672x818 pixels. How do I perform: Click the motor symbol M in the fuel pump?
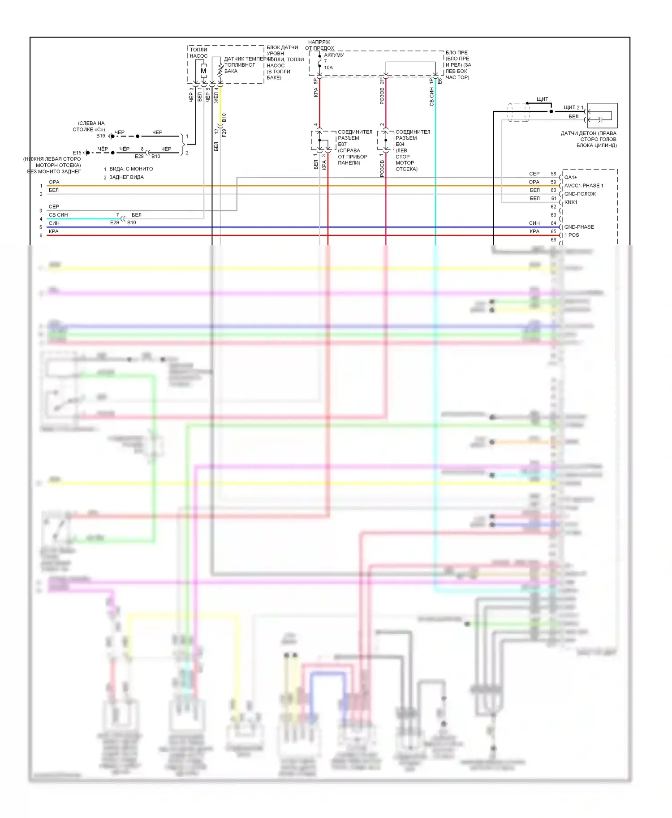pyautogui.click(x=203, y=71)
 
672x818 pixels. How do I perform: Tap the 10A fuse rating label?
pyautogui.click(x=328, y=68)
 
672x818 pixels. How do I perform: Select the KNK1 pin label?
pyautogui.click(x=571, y=202)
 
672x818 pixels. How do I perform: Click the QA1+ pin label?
pyautogui.click(x=571, y=177)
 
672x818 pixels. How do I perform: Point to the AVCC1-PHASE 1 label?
pyautogui.click(x=584, y=186)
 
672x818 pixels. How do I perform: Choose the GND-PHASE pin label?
pyautogui.click(x=579, y=227)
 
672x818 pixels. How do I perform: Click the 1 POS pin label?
pyautogui.click(x=572, y=235)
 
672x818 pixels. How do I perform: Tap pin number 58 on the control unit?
pyautogui.click(x=553, y=174)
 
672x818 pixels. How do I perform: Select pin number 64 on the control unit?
pyautogui.click(x=553, y=223)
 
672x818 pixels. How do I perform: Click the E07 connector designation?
pyautogui.click(x=342, y=144)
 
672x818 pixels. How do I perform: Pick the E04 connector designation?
pyautogui.click(x=400, y=144)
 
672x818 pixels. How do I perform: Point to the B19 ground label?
pyautogui.click(x=100, y=136)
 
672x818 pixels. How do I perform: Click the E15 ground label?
pyautogui.click(x=77, y=153)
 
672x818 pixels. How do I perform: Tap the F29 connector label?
pyautogui.click(x=224, y=132)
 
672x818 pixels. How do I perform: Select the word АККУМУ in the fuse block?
pyautogui.click(x=334, y=55)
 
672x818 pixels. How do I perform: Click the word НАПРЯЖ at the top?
pyautogui.click(x=319, y=42)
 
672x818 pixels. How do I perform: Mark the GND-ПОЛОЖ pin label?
pyautogui.click(x=580, y=194)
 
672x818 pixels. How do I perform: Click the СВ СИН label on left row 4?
pyautogui.click(x=58, y=215)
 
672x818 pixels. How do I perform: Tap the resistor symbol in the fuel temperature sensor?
pyautogui.click(x=220, y=70)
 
